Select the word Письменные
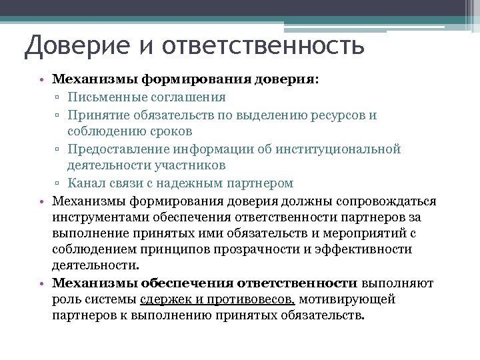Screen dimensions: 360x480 pos(106,97)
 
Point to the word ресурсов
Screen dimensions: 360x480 pos(324,115)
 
